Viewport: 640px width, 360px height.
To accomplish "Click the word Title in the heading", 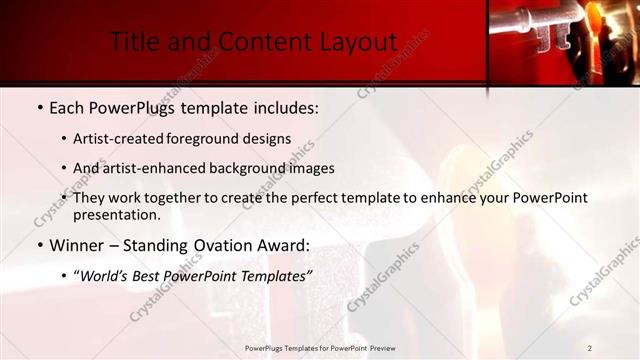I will click(133, 42).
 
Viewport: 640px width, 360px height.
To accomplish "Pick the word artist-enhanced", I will click(160, 168).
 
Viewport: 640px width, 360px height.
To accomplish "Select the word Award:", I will click(284, 245).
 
